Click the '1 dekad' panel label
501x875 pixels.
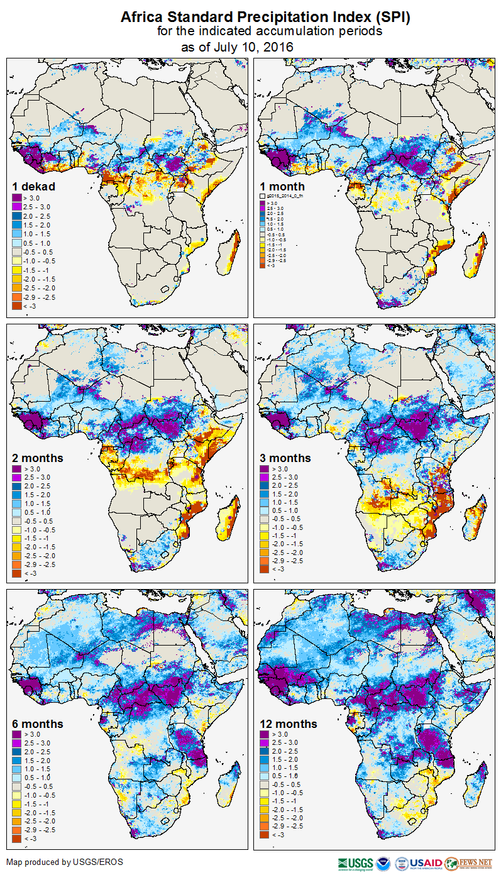(34, 186)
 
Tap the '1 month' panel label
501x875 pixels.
(282, 186)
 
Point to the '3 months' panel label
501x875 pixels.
(285, 458)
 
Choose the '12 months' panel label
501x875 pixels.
(288, 724)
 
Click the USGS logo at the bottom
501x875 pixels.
(355, 863)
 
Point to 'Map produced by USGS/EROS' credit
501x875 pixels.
(65, 862)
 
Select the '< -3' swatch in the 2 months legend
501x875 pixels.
(17, 573)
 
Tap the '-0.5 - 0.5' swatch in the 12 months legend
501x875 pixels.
(265, 785)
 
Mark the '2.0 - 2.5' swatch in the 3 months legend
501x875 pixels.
(265, 486)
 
